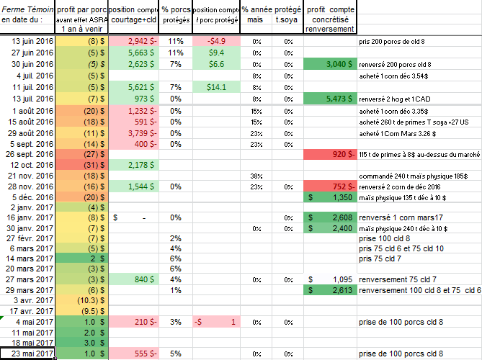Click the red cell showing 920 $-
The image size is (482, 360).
(329, 154)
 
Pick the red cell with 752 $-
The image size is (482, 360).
(329, 186)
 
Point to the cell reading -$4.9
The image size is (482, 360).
(217, 42)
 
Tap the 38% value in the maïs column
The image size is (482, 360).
(255, 176)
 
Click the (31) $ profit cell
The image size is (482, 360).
(81, 165)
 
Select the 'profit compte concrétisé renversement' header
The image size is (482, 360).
(329, 18)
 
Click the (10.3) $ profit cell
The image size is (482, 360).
(81, 300)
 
